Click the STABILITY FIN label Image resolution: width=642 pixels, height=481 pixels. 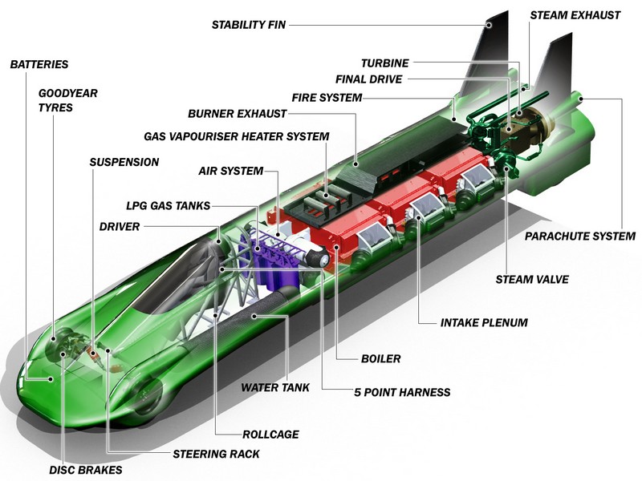(x=249, y=25)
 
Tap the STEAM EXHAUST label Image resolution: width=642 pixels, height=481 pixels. (x=575, y=15)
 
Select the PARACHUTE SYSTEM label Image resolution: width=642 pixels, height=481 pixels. (x=580, y=236)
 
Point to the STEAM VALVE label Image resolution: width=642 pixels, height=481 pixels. (x=532, y=279)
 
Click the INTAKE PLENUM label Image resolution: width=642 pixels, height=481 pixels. (x=484, y=322)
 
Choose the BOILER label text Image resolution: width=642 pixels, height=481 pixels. (x=380, y=358)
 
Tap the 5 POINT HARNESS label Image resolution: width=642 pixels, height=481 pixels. (x=402, y=392)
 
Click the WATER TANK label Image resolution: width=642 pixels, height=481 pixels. (x=275, y=387)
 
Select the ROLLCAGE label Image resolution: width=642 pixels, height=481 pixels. (x=270, y=434)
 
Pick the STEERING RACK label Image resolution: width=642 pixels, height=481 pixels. (x=216, y=454)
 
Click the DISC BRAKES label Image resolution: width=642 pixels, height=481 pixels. (x=86, y=470)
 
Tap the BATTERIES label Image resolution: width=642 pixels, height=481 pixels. (x=39, y=64)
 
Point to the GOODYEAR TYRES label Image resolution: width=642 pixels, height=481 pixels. (x=68, y=100)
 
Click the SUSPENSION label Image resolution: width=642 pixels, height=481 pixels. (x=124, y=162)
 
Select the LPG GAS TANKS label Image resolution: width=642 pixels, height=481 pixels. (x=169, y=205)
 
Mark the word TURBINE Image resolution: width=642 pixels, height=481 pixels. (x=385, y=63)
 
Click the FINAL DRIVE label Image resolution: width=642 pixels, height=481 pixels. (x=369, y=79)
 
